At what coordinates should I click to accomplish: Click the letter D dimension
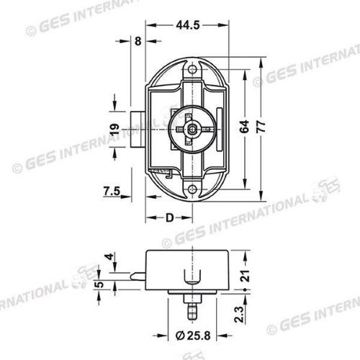(169, 217)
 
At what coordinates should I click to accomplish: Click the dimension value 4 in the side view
(109, 257)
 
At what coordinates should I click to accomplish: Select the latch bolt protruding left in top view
(138, 130)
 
